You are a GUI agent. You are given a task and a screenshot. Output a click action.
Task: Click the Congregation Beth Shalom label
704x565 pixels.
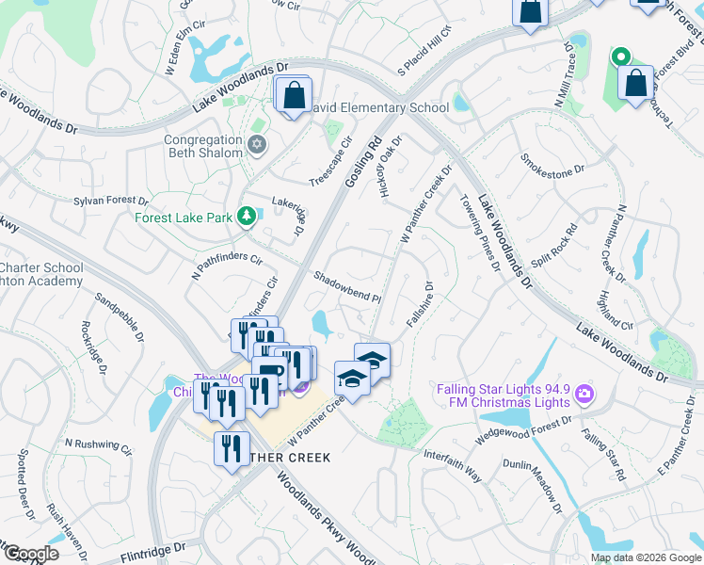click(203, 146)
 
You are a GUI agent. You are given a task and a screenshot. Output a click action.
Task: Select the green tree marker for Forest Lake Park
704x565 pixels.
click(247, 218)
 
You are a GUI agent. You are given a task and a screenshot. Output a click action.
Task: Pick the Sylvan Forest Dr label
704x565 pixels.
click(111, 200)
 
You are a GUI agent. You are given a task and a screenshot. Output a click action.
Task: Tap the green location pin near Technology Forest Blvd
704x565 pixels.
click(620, 57)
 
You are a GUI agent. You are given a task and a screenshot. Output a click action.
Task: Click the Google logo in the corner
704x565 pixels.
click(30, 554)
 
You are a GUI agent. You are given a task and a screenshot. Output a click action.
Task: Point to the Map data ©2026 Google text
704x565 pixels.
click(647, 557)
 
